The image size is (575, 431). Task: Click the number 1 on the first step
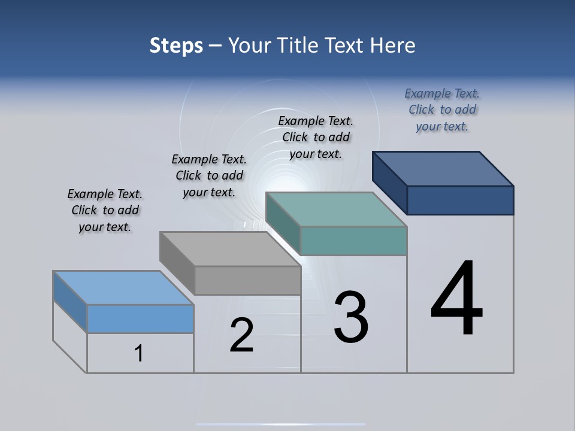(139, 353)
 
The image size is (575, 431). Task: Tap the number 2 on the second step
(241, 335)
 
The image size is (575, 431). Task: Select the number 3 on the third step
(351, 317)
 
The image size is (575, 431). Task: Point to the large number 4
(456, 299)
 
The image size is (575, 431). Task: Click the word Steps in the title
(176, 45)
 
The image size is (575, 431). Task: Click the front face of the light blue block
(140, 318)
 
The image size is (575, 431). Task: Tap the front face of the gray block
(247, 280)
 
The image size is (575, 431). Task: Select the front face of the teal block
(353, 241)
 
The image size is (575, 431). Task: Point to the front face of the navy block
(460, 200)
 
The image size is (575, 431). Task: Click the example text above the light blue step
(105, 211)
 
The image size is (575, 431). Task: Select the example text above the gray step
(209, 176)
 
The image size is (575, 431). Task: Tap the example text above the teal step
(316, 138)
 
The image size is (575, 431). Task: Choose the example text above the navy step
(442, 110)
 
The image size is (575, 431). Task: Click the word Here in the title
(393, 45)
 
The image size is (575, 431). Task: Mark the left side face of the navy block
(390, 182)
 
